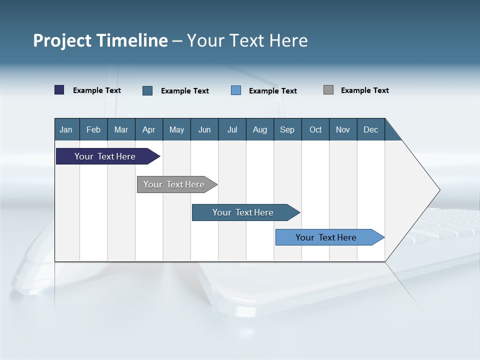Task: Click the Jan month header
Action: [66, 130]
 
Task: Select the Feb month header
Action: [93, 130]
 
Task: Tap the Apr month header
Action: [149, 130]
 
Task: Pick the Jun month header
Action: [204, 130]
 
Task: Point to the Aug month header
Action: [260, 130]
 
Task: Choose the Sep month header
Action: [287, 130]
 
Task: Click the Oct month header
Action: [315, 130]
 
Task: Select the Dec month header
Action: [371, 130]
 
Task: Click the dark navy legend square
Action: [59, 90]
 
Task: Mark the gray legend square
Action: [328, 90]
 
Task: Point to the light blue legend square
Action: [236, 90]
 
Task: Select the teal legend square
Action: [147, 90]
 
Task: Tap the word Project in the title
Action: [62, 40]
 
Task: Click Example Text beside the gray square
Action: [364, 90]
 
